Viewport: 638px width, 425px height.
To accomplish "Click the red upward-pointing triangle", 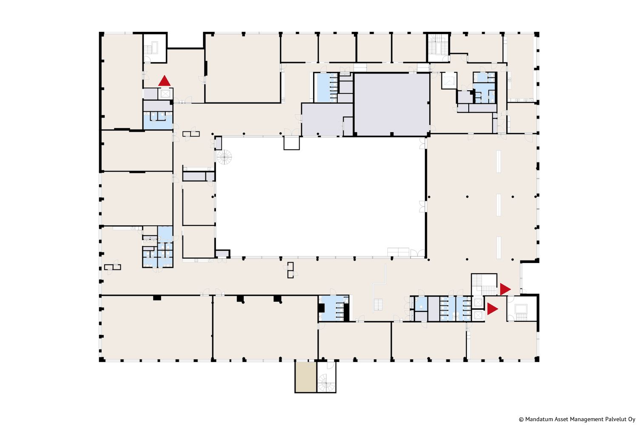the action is [x=164, y=81].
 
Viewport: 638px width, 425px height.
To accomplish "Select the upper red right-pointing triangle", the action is [x=505, y=289].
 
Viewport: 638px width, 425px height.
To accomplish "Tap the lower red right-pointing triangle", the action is [x=492, y=309].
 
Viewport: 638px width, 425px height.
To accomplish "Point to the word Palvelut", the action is [x=615, y=419].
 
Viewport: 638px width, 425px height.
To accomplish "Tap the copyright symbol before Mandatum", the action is [x=521, y=419].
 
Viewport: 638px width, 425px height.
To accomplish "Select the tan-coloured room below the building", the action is [x=305, y=377].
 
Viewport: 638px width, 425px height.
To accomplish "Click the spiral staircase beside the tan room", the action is [x=326, y=383].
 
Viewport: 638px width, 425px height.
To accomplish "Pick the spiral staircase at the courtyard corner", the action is [x=224, y=157].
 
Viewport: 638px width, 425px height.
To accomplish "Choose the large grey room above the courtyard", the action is [x=392, y=104].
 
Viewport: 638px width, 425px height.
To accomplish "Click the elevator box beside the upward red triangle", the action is [x=165, y=93].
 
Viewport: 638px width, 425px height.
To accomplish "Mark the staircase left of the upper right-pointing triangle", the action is [x=484, y=284].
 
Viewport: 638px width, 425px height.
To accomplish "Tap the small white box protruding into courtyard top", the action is [x=292, y=143].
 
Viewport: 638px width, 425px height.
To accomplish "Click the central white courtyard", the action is [x=320, y=197].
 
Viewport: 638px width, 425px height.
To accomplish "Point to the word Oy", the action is [x=631, y=419].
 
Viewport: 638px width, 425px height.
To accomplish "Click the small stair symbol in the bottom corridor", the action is [x=378, y=304].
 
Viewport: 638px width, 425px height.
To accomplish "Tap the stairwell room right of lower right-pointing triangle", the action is [x=522, y=309].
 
